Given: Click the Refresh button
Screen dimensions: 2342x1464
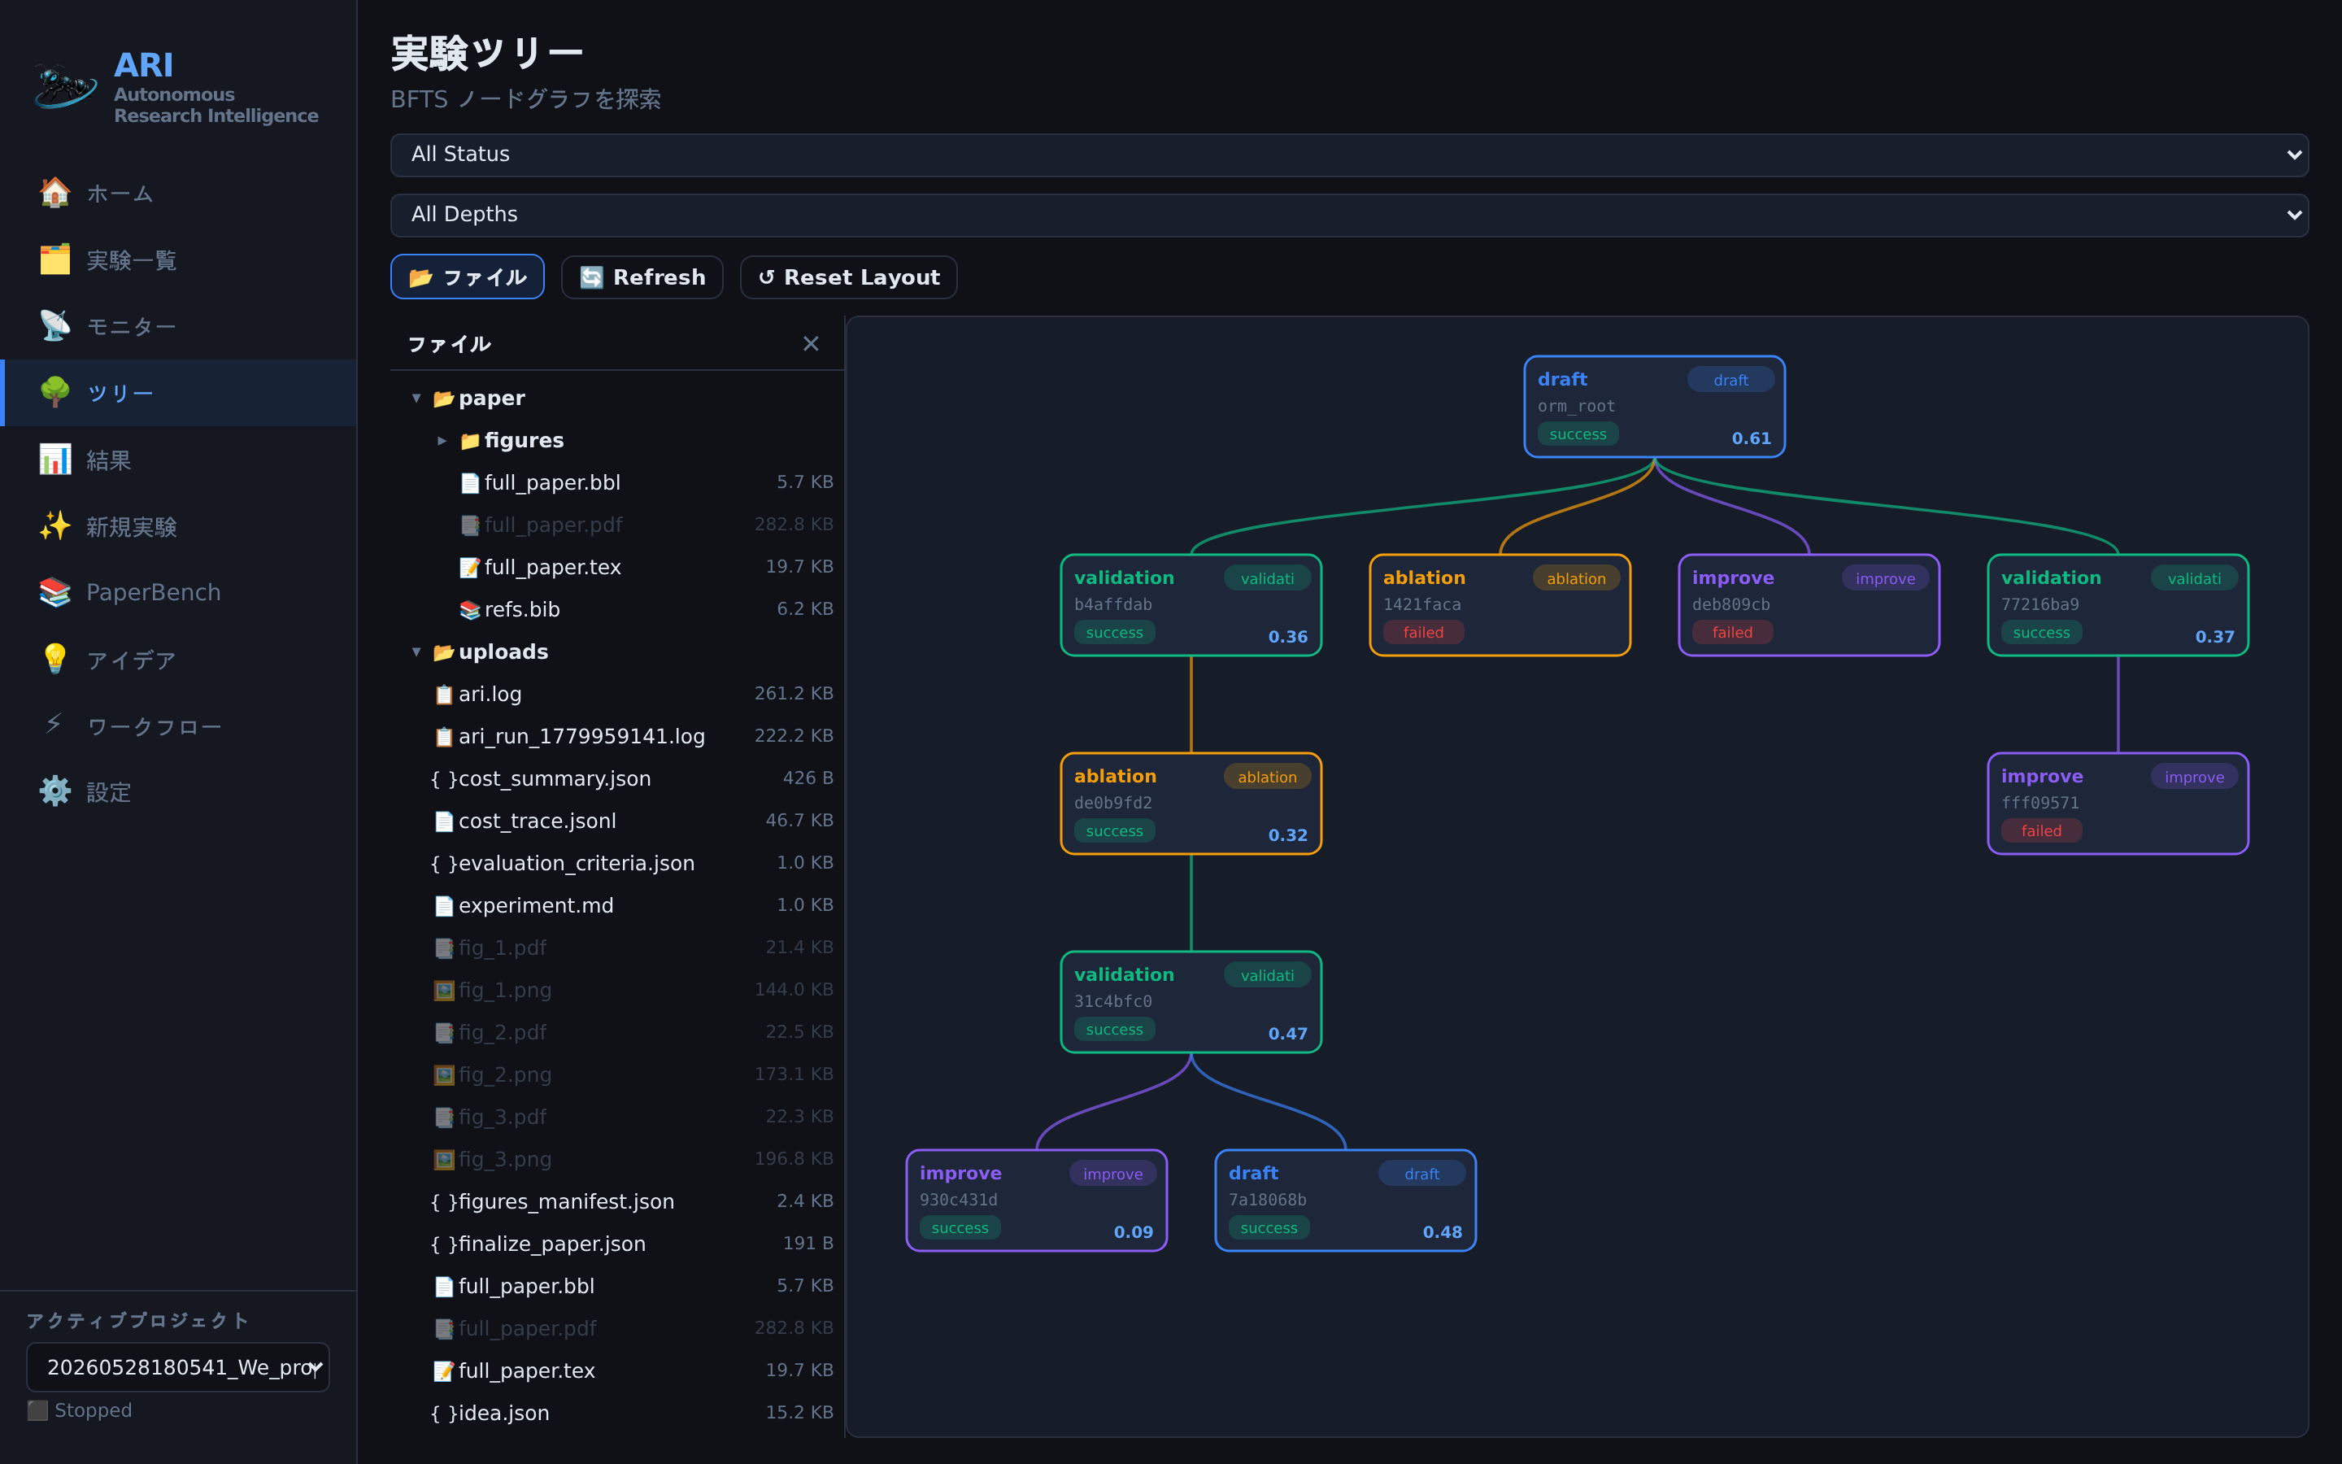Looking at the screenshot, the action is [642, 278].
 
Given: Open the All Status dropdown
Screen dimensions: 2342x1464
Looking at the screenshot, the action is [1349, 155].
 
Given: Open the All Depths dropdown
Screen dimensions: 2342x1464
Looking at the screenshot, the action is [1349, 215].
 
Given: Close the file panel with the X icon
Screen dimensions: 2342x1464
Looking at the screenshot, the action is [811, 344].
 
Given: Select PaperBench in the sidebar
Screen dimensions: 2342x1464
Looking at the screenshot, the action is [153, 593].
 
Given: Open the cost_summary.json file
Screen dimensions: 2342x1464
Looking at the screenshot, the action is [554, 778].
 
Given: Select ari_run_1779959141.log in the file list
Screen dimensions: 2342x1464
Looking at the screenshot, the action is [581, 736].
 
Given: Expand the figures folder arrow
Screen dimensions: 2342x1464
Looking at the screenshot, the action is [442, 441].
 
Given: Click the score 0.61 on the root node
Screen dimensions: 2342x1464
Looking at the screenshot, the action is [1751, 438].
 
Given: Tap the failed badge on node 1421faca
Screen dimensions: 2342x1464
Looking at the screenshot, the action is [1424, 632].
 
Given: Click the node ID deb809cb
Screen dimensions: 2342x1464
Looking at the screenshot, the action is [1730, 604].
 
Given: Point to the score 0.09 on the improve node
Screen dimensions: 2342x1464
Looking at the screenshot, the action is [1134, 1231].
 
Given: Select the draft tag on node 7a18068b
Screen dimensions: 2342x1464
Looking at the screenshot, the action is [1421, 1174].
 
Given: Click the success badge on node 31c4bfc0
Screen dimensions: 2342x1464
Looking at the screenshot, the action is [1114, 1029].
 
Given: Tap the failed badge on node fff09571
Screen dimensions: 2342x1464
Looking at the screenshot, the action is [2041, 830].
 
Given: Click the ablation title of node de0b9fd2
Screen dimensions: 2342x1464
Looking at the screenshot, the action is [1115, 777].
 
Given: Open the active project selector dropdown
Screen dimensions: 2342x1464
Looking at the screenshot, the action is [178, 1367].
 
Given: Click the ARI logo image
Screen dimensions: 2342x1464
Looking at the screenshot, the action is [65, 87].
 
